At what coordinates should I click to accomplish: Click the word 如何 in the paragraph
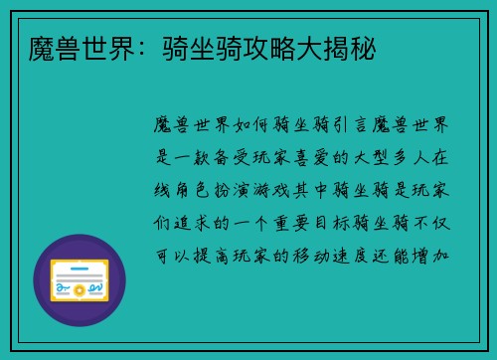pyautogui.click(x=256, y=125)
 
